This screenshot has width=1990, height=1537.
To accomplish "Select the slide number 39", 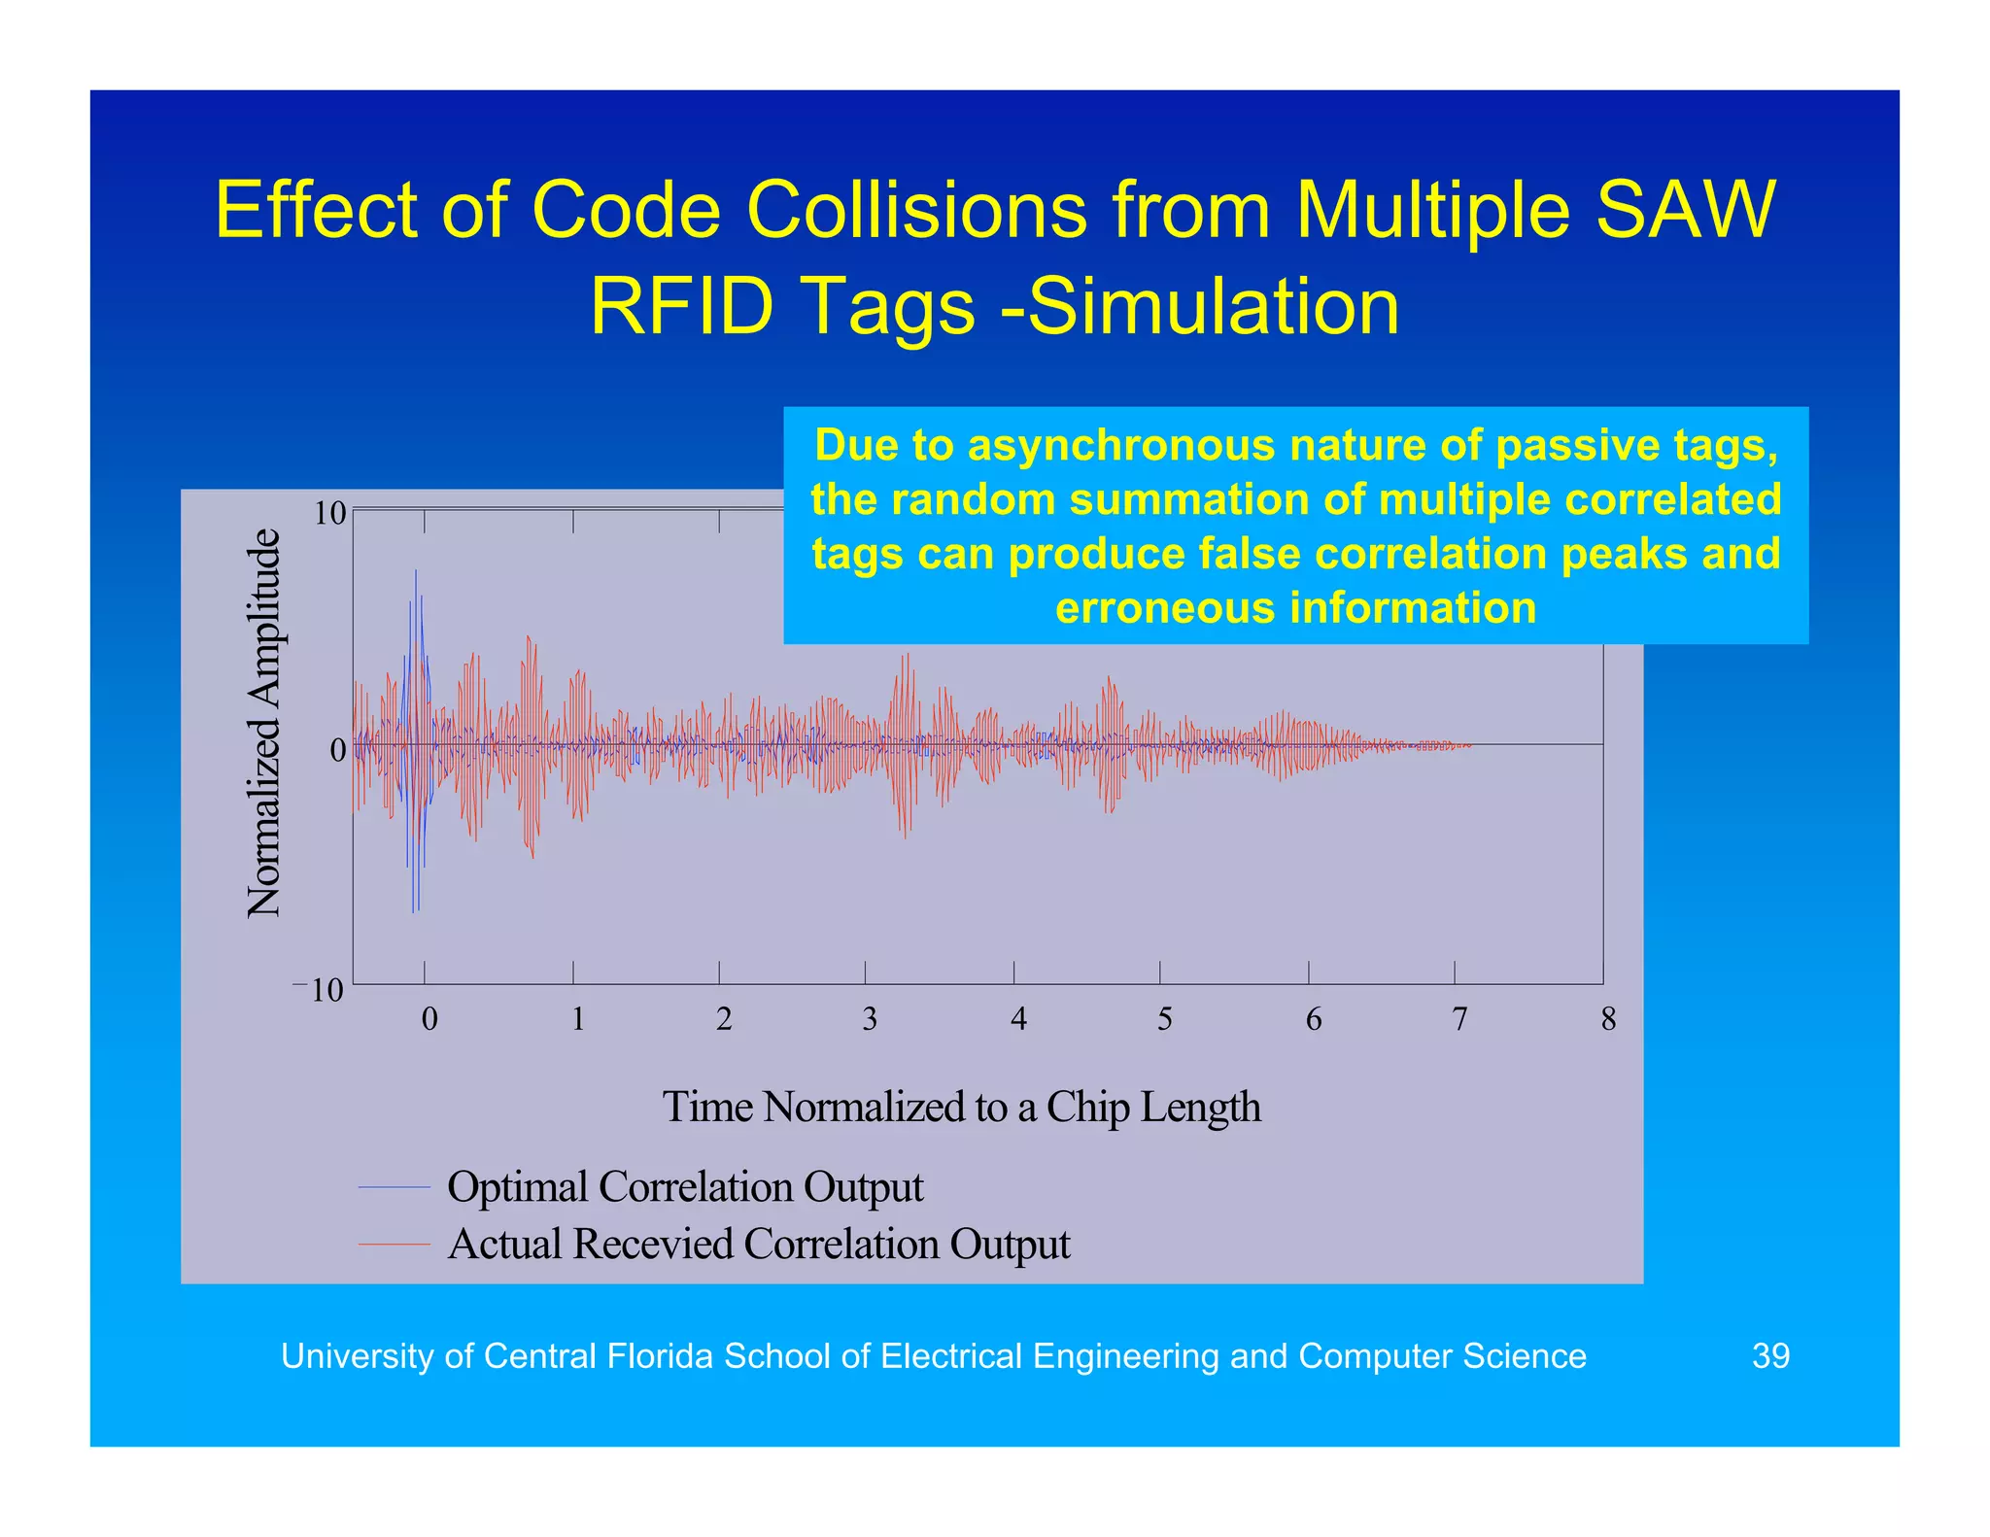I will (x=1769, y=1355).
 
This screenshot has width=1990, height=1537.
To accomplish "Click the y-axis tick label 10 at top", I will (x=329, y=514).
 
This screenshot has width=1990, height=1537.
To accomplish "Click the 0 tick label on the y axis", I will (x=337, y=750).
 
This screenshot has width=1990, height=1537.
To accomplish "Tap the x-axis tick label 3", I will (x=869, y=1019).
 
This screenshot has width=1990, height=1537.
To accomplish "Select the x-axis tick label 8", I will (x=1608, y=1019).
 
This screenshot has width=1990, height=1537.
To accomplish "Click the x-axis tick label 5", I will (x=1164, y=1019).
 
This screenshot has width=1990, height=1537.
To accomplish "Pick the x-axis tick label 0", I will (x=429, y=1019).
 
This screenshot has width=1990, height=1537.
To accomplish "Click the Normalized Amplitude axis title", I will (x=263, y=723).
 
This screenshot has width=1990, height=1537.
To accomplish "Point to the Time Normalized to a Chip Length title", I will (x=961, y=1108).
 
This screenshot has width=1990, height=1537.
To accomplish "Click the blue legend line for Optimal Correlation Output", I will (x=394, y=1187).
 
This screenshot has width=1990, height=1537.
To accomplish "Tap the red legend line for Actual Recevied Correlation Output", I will (x=394, y=1244).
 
